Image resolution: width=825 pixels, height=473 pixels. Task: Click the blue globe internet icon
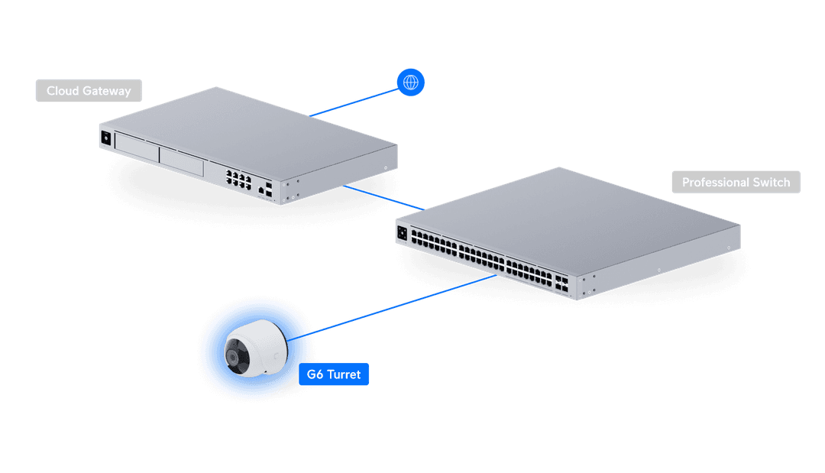click(x=410, y=82)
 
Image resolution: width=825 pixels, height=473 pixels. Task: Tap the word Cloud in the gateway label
click(x=63, y=91)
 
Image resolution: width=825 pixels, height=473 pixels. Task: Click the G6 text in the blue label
click(x=315, y=374)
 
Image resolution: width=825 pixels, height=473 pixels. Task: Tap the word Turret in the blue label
click(x=344, y=374)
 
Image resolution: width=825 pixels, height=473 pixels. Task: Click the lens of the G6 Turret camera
click(x=233, y=356)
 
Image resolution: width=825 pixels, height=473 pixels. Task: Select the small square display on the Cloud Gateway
click(x=105, y=138)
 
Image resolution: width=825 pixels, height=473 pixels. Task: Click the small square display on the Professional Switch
click(x=402, y=232)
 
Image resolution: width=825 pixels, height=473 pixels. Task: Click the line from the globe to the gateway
click(x=355, y=100)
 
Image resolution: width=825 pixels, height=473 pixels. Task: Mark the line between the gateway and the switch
click(x=383, y=196)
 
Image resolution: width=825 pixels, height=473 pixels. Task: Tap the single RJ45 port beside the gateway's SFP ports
click(x=262, y=188)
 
